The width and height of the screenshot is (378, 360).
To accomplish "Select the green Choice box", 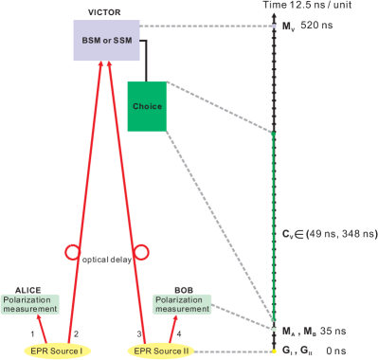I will [x=147, y=106].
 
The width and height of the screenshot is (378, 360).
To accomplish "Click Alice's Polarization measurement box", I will [x=32, y=302].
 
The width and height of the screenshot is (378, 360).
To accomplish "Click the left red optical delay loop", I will [x=71, y=254].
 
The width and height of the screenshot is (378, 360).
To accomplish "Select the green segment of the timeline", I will [x=274, y=227].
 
